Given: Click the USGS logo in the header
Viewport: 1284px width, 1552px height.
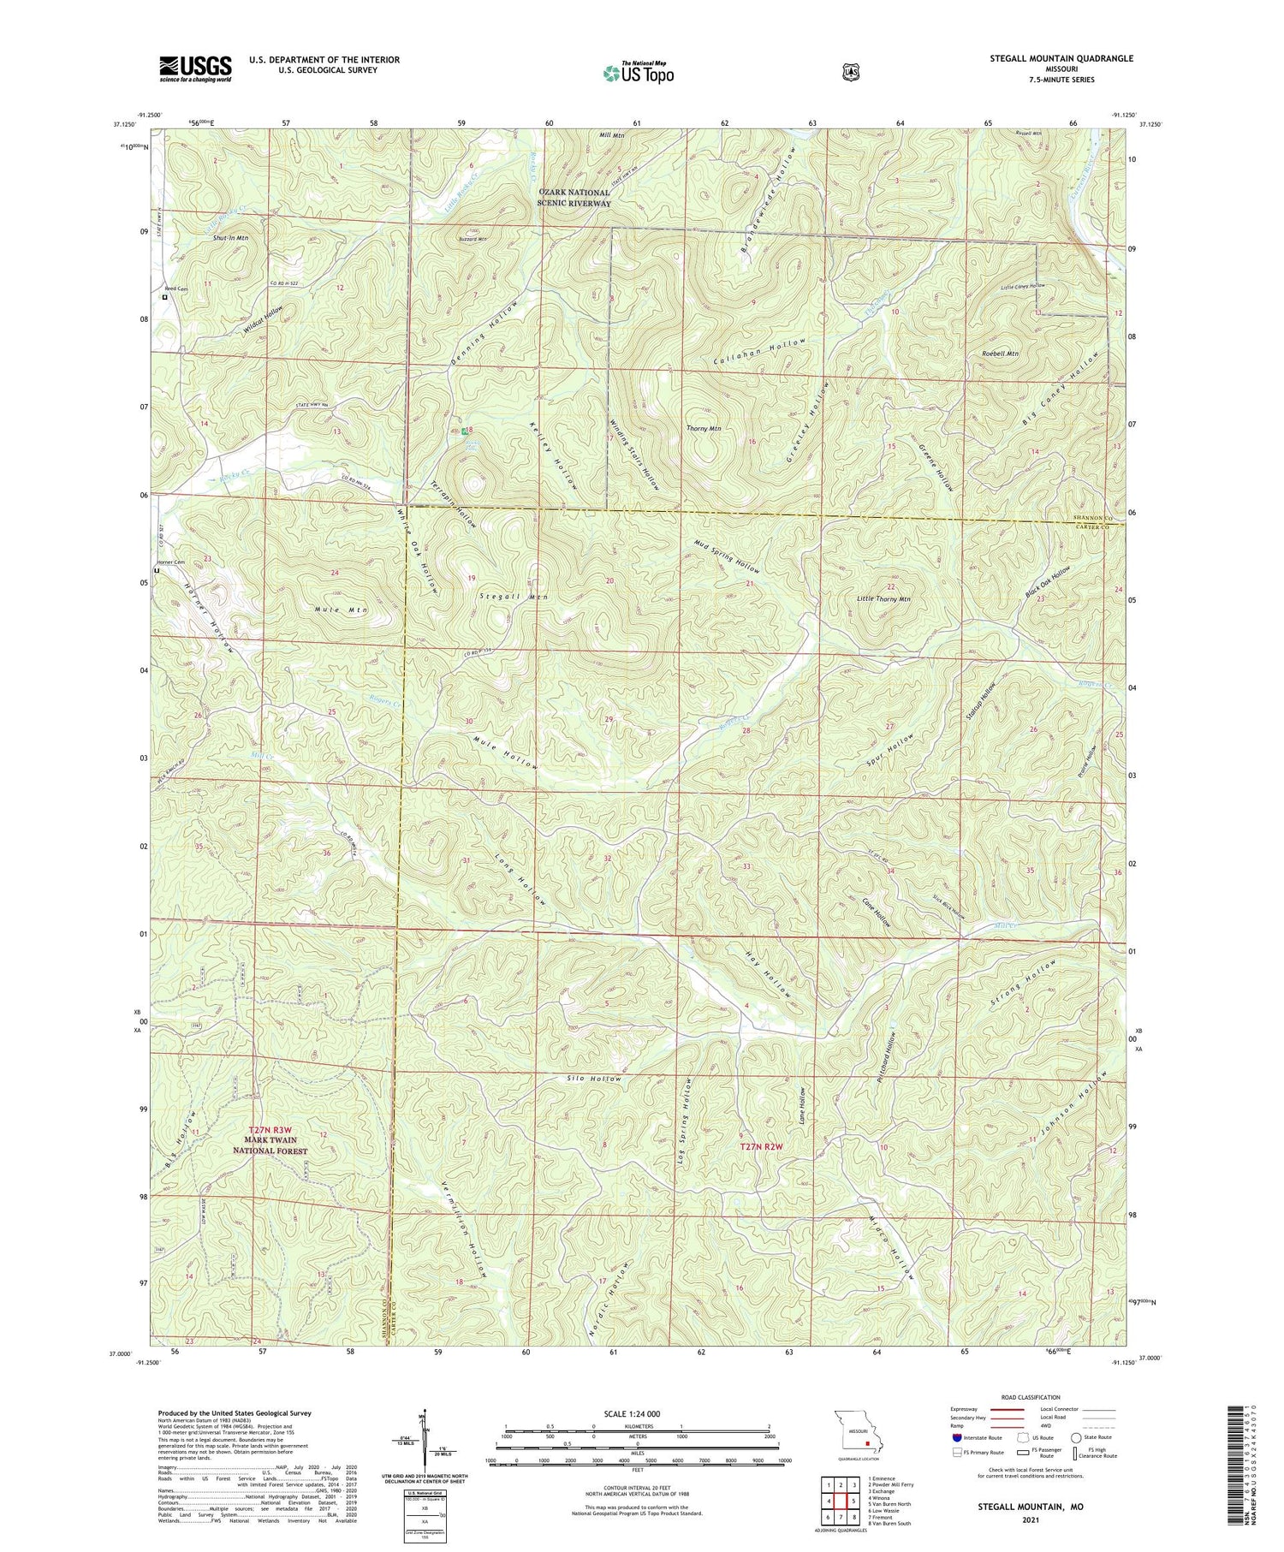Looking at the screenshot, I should click(195, 68).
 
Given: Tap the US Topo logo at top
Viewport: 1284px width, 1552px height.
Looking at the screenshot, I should click(639, 74).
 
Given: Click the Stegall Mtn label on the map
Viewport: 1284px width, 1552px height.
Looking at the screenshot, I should click(514, 596).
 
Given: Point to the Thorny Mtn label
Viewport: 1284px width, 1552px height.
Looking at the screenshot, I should click(704, 428).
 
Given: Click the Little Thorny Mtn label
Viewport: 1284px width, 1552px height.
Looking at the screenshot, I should click(883, 599).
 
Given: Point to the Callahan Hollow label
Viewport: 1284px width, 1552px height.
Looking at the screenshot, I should click(760, 352).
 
